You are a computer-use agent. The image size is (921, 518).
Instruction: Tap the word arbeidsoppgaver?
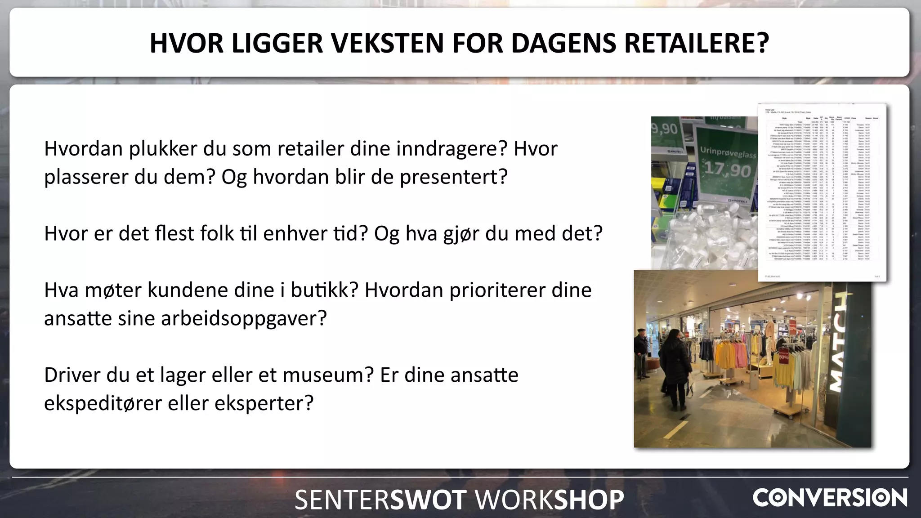(x=243, y=318)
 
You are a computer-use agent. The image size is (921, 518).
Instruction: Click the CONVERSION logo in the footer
(x=830, y=498)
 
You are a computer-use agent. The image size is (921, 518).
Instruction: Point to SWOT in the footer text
(x=428, y=500)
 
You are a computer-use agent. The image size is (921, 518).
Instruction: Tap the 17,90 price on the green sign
(x=727, y=170)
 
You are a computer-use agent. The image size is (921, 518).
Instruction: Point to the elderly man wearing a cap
(x=641, y=355)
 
